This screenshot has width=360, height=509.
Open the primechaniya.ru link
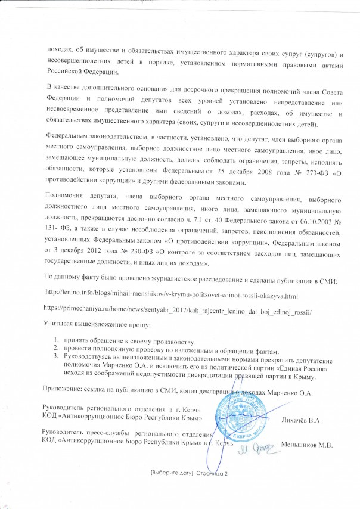tap(178, 311)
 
